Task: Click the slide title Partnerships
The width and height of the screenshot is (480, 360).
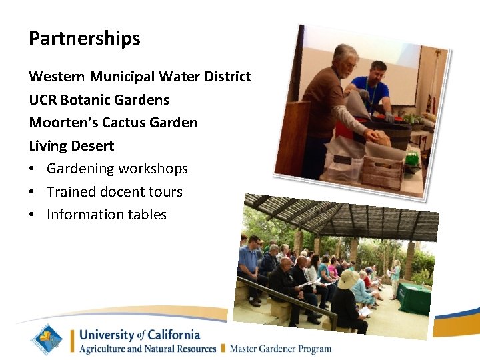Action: tap(85, 39)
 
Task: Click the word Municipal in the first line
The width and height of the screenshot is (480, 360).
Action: tap(125, 77)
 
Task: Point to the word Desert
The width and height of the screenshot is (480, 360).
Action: tap(92, 146)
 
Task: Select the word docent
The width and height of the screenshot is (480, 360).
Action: tap(121, 192)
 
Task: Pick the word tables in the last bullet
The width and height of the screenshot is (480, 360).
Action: tap(145, 215)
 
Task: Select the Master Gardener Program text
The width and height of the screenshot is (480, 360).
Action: tap(281, 348)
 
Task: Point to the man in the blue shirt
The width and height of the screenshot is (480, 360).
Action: tap(373, 87)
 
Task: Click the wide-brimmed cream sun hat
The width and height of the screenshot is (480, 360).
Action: tap(349, 279)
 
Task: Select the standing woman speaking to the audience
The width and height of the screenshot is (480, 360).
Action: tap(395, 277)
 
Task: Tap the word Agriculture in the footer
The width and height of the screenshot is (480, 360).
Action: tap(107, 348)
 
